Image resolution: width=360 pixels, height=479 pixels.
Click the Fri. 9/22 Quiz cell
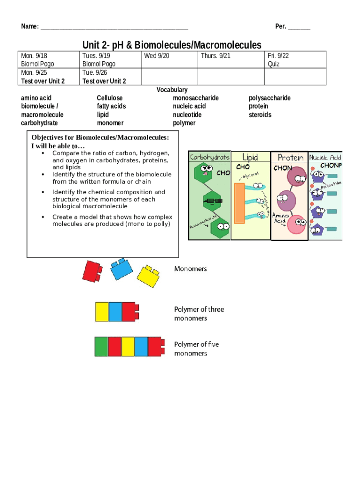[295, 60]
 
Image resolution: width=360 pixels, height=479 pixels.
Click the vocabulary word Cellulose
[109, 98]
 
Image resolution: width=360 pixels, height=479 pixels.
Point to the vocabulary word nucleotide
[187, 115]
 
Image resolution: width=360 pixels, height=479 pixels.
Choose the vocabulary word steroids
[260, 115]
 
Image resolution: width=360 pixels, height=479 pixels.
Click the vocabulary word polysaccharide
[269, 98]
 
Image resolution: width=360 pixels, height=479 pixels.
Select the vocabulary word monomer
[110, 123]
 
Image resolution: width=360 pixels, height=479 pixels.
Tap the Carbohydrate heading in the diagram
[209, 158]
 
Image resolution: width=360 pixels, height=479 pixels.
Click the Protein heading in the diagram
[290, 158]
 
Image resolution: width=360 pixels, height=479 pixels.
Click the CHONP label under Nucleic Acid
[331, 166]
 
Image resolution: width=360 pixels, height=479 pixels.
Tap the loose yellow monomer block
[149, 276]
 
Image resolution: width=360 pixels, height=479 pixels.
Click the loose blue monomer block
[121, 269]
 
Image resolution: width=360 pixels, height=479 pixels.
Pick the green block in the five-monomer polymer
[101, 347]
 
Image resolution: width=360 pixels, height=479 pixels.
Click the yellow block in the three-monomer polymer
[102, 312]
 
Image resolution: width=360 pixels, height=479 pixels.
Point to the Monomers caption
[190, 269]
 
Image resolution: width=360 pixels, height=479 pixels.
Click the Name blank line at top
[114, 27]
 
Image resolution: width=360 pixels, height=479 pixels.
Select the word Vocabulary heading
[172, 89]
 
